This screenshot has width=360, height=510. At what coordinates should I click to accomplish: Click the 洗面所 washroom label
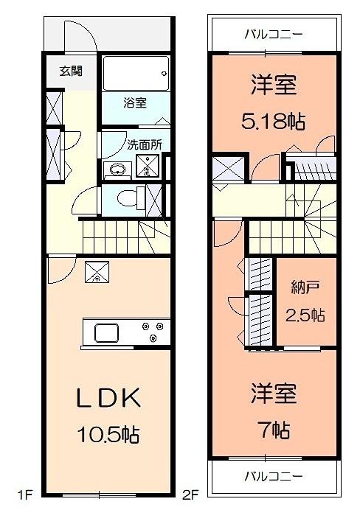(144, 144)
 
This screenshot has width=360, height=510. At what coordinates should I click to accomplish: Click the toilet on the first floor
(130, 198)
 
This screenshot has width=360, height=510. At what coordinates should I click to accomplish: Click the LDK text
(108, 398)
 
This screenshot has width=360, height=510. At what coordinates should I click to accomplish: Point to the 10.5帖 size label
(108, 434)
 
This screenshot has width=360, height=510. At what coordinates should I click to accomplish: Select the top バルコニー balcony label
(273, 34)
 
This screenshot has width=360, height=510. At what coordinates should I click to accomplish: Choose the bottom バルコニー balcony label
(273, 475)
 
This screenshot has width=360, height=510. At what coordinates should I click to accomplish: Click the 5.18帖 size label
(274, 120)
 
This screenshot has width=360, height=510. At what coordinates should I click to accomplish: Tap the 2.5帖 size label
(305, 315)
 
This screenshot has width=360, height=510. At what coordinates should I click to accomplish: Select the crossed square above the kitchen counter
(97, 273)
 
